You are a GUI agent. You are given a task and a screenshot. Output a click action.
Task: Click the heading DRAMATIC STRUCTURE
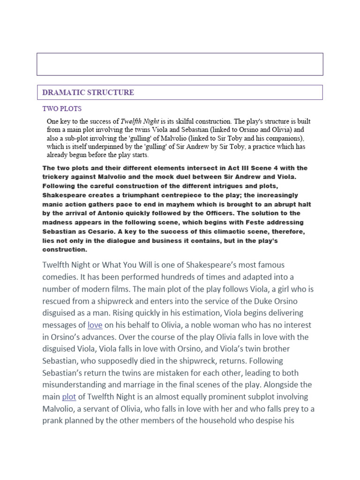tap(88, 92)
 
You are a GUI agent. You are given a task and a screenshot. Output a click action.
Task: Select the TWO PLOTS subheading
tap(62, 109)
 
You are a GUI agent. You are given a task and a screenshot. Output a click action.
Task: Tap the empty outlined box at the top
tap(180, 64)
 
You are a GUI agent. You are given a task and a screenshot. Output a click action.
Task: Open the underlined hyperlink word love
tap(95, 325)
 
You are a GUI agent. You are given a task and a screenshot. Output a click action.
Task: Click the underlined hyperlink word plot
tap(69, 397)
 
